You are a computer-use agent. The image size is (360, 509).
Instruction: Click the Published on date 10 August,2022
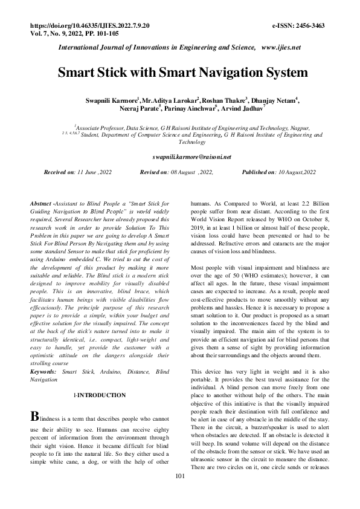pyautogui.click(x=295, y=172)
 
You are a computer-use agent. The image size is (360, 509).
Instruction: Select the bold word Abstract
pyautogui.click(x=42, y=205)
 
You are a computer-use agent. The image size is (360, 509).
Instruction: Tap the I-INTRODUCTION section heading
pyautogui.click(x=99, y=395)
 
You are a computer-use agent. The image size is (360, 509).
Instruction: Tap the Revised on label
pyautogui.click(x=156, y=172)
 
